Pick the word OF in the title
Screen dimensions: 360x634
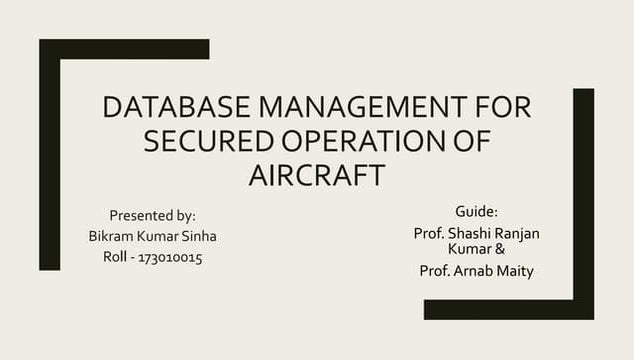pyautogui.click(x=468, y=141)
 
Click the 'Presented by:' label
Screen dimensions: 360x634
pyautogui.click(x=152, y=215)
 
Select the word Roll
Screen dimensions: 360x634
pyautogui.click(x=117, y=257)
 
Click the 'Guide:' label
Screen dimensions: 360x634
pyautogui.click(x=476, y=212)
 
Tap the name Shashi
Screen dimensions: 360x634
pyautogui.click(x=470, y=233)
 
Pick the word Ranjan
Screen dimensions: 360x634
pyautogui.click(x=517, y=233)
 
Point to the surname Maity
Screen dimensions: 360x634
pyautogui.click(x=516, y=271)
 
